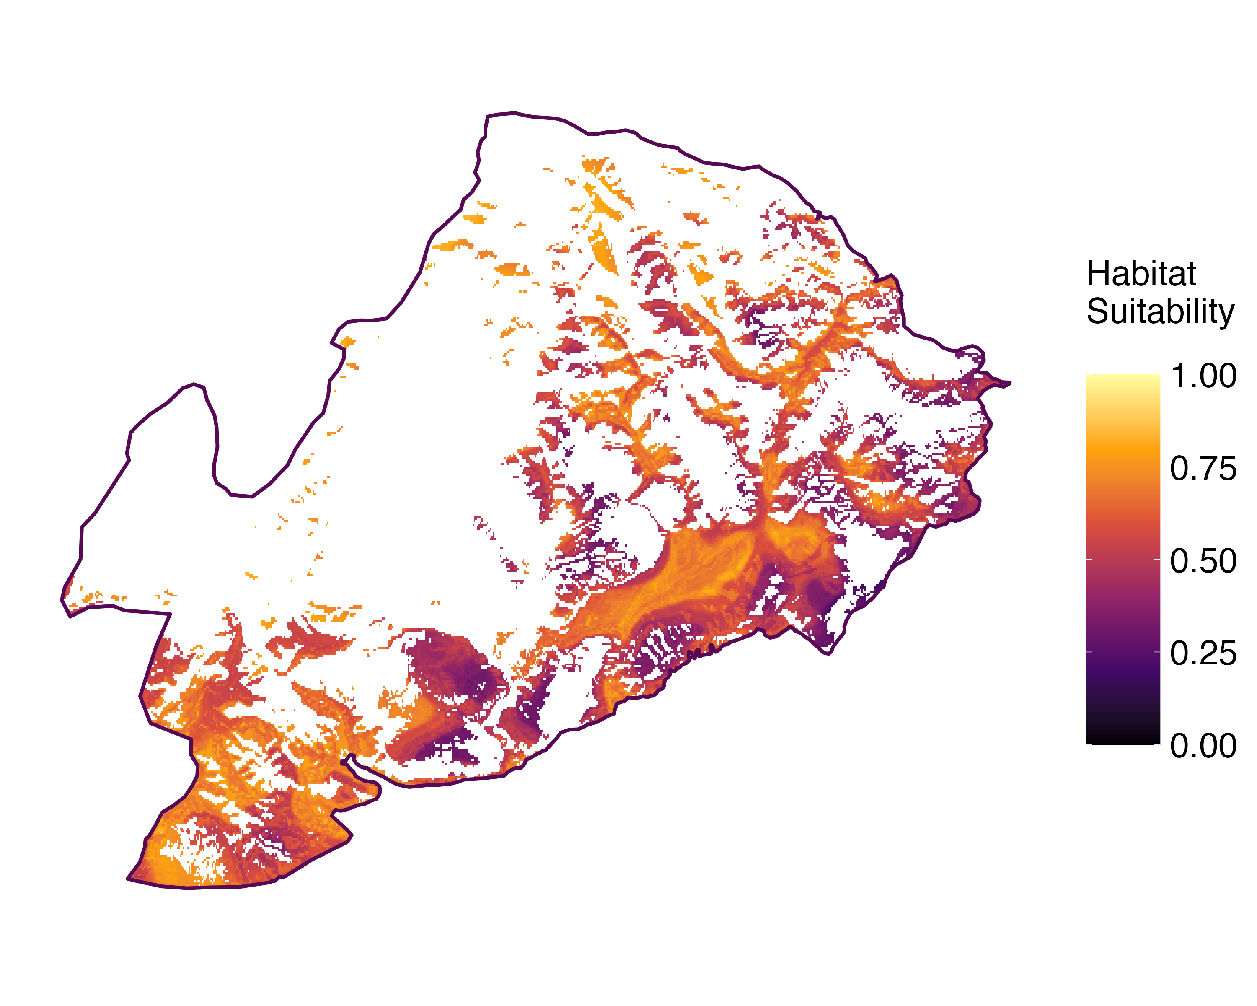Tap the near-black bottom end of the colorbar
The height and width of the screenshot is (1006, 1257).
pyautogui.click(x=1123, y=739)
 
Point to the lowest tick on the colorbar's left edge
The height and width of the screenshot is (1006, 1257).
pyautogui.click(x=1089, y=744)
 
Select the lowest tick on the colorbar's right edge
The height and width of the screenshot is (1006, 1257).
pyautogui.click(x=1157, y=744)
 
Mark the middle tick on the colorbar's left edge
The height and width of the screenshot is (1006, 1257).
pyautogui.click(x=1089, y=559)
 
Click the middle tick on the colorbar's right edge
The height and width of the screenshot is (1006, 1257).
pyautogui.click(x=1157, y=559)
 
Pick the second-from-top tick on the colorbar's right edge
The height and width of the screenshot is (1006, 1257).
pyautogui.click(x=1157, y=467)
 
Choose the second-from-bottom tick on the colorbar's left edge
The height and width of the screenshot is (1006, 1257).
pyautogui.click(x=1089, y=651)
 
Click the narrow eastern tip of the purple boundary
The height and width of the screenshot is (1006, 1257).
pyautogui.click(x=1009, y=383)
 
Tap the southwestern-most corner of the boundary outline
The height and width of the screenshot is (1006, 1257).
pyautogui.click(x=128, y=878)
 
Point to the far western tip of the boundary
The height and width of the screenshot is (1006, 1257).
pyautogui.click(x=62, y=598)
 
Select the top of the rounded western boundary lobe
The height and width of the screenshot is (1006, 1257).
pyautogui.click(x=194, y=384)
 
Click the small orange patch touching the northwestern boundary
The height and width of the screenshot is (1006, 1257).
pyautogui.click(x=347, y=342)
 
